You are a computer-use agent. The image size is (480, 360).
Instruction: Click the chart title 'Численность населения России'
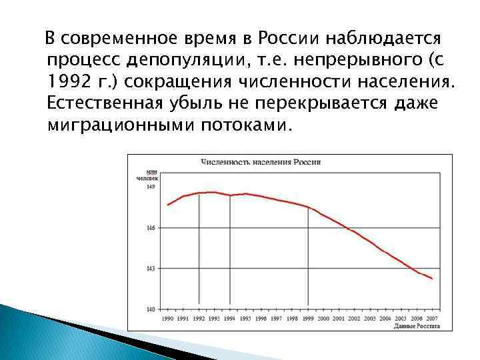[x=261, y=162]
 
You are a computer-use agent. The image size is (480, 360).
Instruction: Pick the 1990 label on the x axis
[x=167, y=319]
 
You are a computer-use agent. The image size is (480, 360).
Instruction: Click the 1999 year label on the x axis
[x=307, y=319]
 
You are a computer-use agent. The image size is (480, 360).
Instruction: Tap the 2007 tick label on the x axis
[x=432, y=319]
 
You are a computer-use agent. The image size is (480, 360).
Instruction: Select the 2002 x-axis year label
[x=354, y=319]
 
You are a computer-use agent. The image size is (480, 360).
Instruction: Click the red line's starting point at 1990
[x=167, y=205]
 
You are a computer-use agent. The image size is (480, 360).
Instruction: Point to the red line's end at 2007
[x=432, y=279]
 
